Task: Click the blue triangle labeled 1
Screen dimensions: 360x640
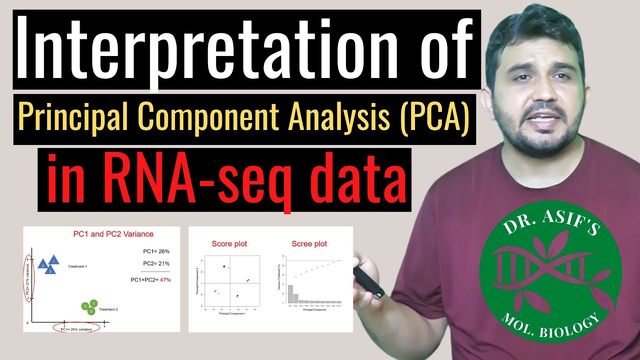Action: pos(54,259)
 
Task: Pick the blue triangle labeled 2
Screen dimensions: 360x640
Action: pos(43,264)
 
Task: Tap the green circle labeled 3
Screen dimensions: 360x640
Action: pos(91,311)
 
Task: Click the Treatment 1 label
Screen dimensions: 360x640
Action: pos(77,266)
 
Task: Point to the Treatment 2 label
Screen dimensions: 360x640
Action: pos(108,309)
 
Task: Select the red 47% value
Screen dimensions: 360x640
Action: pos(164,280)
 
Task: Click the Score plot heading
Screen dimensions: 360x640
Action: pos(229,244)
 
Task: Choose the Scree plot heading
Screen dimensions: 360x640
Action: pos(309,244)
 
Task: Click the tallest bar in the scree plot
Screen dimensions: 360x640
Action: pos(290,293)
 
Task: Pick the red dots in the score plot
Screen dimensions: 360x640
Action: pos(247,280)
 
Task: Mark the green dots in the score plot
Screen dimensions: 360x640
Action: pos(215,290)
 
